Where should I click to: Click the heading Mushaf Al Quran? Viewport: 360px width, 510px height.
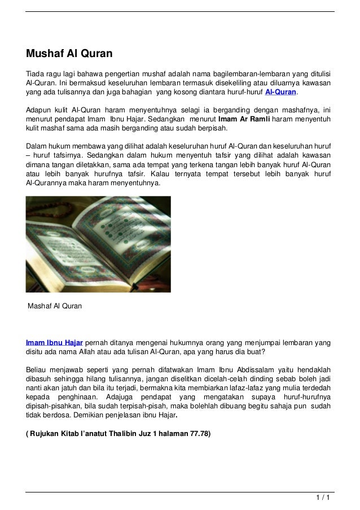click(x=69, y=55)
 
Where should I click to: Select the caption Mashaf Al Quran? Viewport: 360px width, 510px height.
click(x=55, y=306)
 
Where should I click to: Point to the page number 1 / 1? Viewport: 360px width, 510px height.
click(x=323, y=498)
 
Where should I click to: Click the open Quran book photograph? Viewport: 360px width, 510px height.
click(x=98, y=244)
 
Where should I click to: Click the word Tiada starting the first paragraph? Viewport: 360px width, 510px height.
click(x=36, y=73)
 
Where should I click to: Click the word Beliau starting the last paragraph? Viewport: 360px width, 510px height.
click(x=37, y=369)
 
